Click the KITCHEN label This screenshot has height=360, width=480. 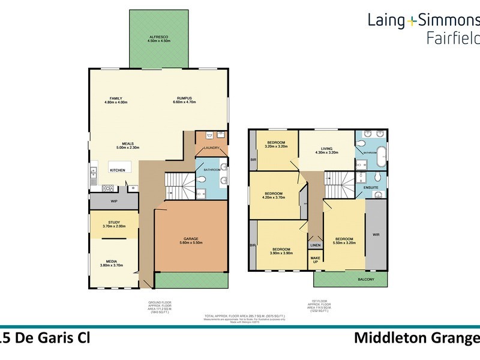pyautogui.click(x=118, y=170)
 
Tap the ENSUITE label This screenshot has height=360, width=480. pyautogui.click(x=370, y=188)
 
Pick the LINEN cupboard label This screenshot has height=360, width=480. pyautogui.click(x=315, y=245)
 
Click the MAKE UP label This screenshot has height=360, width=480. pyautogui.click(x=315, y=260)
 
